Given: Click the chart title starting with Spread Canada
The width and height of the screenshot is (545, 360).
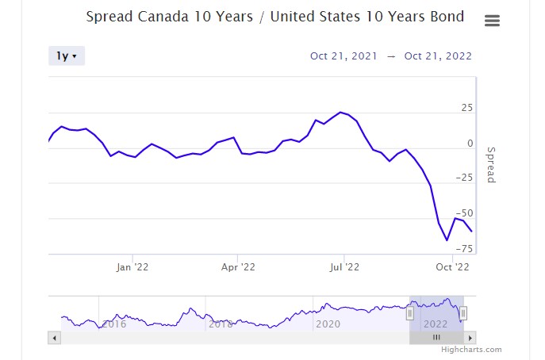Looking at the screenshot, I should [x=274, y=17].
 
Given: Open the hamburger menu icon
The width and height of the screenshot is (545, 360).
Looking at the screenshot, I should [x=492, y=21].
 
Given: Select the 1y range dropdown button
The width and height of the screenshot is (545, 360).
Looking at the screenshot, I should [x=66, y=56].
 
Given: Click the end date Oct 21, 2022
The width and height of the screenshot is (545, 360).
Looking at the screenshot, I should [x=438, y=56].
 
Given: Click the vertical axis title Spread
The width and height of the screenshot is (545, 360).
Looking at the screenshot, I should [x=490, y=165].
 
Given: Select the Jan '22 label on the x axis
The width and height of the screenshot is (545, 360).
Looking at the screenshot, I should [x=132, y=267].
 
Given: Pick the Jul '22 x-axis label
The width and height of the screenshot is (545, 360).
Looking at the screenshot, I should [x=344, y=267].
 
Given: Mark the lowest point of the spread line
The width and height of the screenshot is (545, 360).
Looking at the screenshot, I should [x=447, y=240].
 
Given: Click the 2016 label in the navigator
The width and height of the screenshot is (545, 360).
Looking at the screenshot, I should [x=114, y=324].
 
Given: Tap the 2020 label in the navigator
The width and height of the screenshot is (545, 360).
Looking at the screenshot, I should [x=328, y=324].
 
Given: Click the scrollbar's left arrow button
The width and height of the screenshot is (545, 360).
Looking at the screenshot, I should [x=55, y=337].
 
